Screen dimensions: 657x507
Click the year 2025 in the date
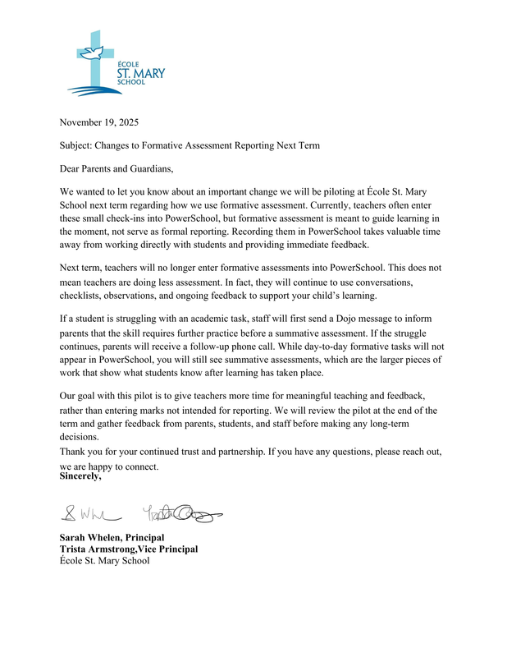[x=126, y=123]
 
